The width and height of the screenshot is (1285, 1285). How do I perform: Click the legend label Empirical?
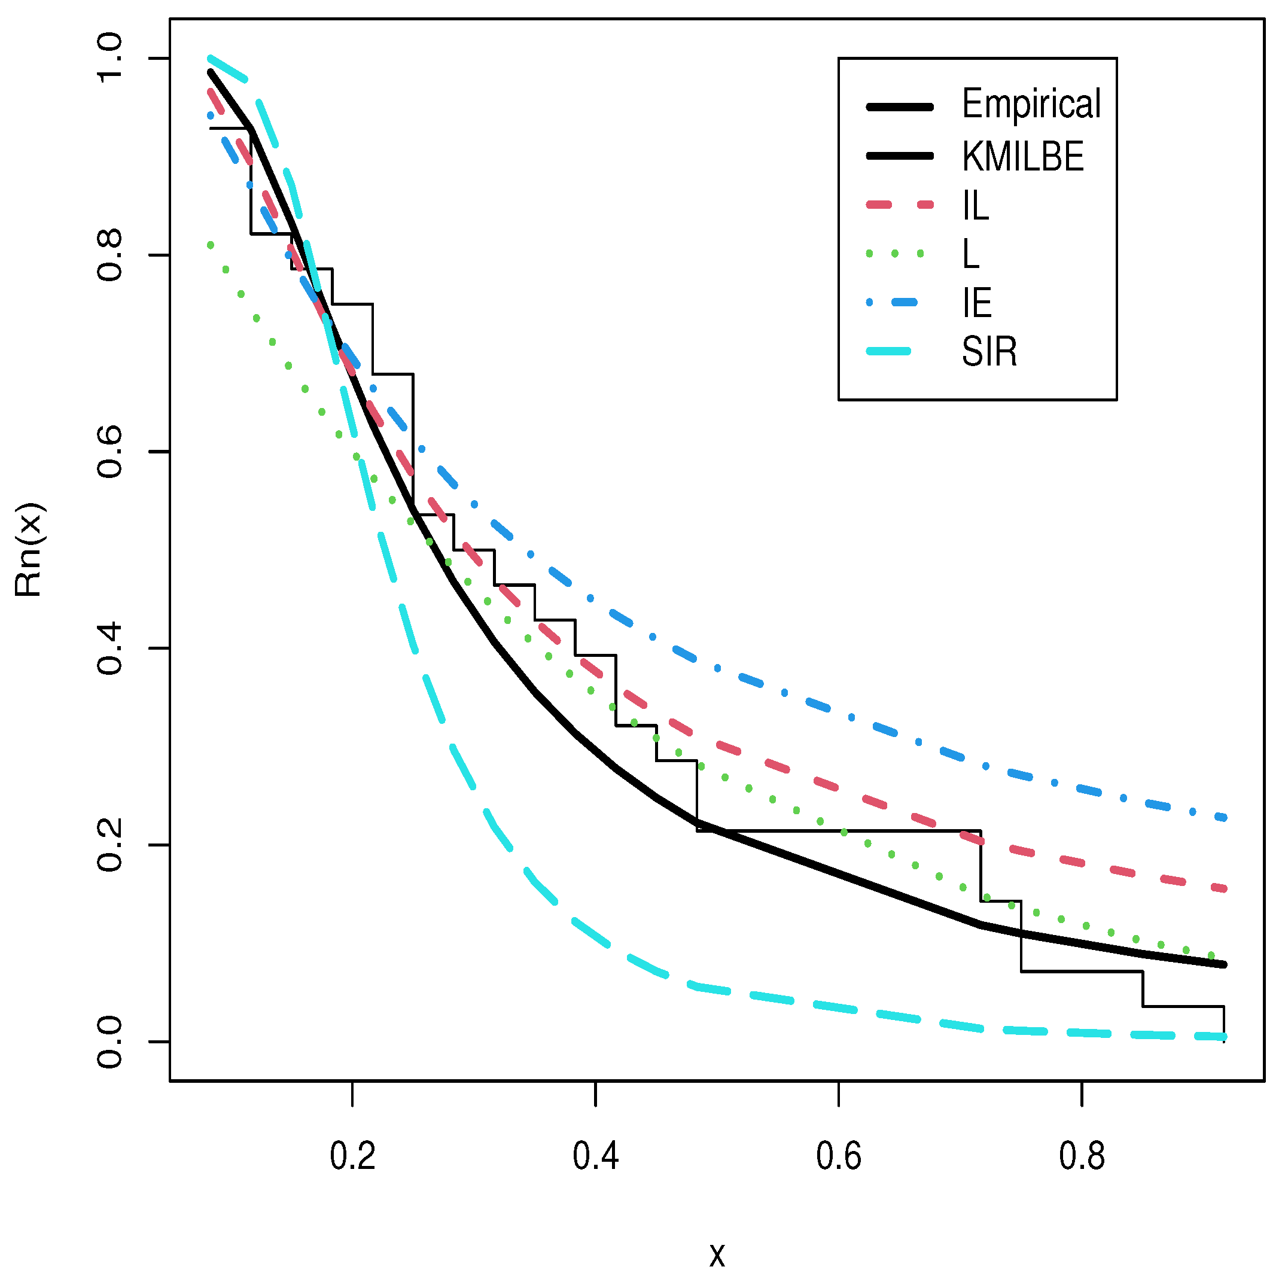1031,105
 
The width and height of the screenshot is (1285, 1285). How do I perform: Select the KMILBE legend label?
1023,157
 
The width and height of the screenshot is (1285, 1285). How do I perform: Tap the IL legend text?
976,206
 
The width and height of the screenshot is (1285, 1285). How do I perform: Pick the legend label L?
971,254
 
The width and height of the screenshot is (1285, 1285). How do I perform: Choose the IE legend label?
977,303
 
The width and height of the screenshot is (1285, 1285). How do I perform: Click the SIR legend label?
989,352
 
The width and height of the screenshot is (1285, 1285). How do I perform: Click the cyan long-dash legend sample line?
888,351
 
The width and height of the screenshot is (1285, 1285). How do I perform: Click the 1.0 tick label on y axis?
109,59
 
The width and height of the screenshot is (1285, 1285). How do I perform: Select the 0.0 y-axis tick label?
109,1042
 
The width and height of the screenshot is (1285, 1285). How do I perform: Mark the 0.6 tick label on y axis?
109,452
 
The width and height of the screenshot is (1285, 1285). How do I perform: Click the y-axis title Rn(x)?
29,549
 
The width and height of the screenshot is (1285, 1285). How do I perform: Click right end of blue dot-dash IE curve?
1225,818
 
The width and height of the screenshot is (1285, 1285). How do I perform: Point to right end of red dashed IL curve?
1225,888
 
